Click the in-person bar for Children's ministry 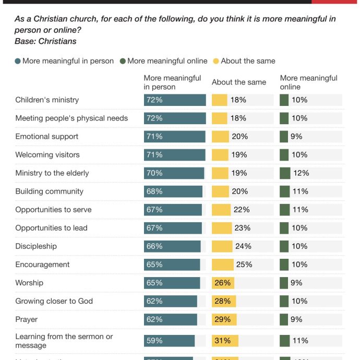[175, 100]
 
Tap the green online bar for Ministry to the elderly [285, 173]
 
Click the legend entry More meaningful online [167, 61]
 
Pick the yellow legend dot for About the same [216, 61]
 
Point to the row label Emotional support [46, 137]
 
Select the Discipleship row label [36, 246]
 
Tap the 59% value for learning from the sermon [154, 341]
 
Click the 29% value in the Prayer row [223, 319]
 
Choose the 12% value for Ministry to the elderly [301, 173]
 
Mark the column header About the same [239, 82]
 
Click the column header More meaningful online [308, 82]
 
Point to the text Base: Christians [46, 41]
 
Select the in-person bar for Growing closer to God [171, 301]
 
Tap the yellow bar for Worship [223, 283]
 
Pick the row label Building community [49, 191]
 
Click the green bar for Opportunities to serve [284, 210]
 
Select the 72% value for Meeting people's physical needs [154, 118]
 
